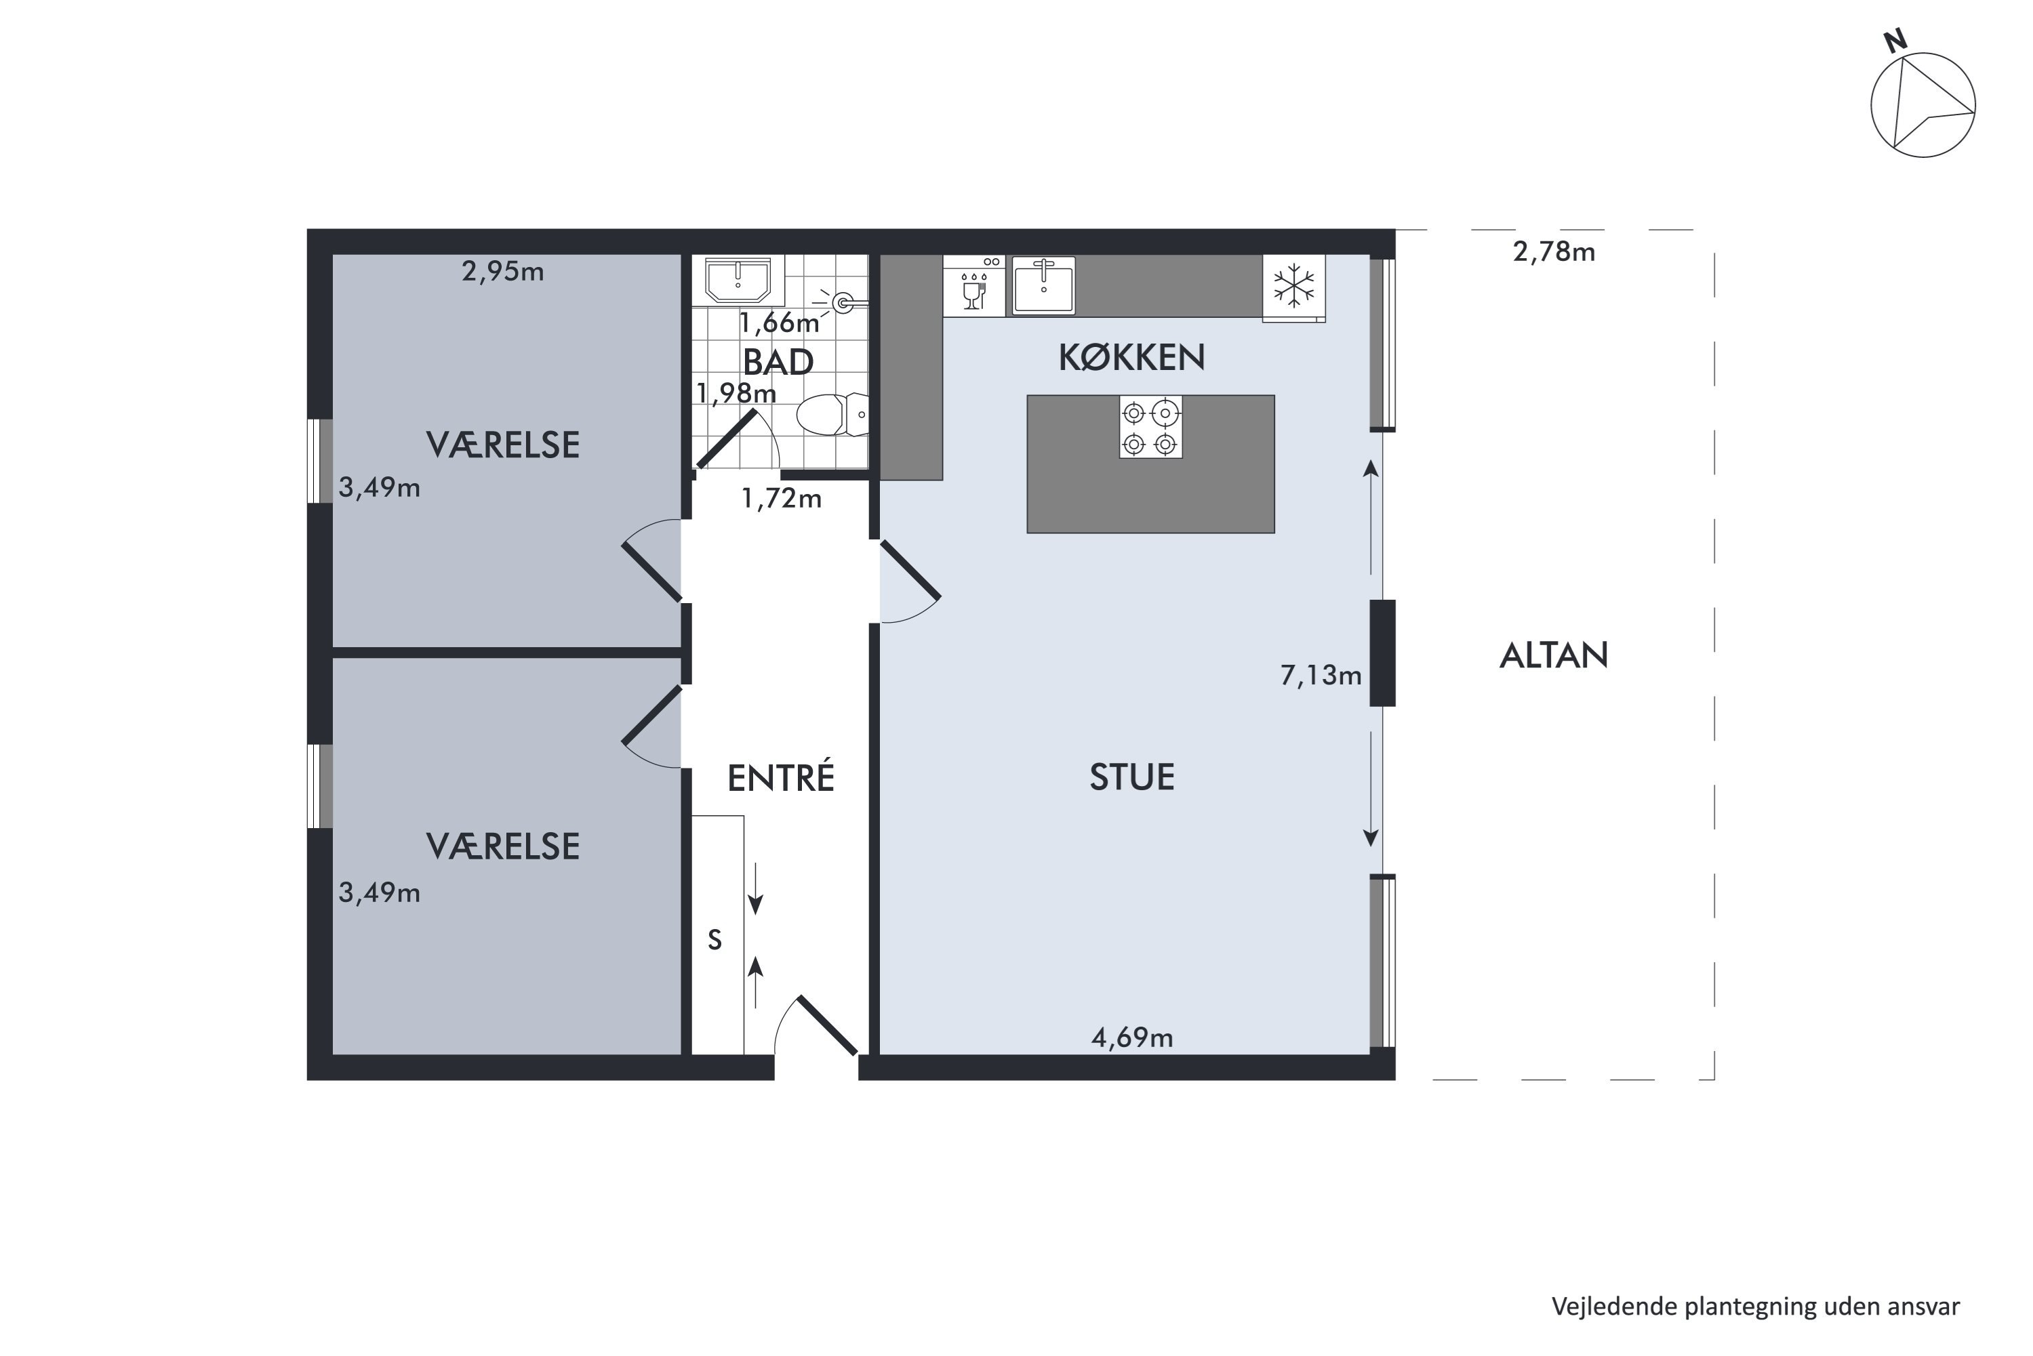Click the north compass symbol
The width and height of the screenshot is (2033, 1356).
click(1923, 100)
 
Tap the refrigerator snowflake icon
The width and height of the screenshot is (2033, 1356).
click(1293, 285)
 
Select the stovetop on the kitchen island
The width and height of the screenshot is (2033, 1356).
click(1150, 427)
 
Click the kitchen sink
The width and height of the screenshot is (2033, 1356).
click(1043, 285)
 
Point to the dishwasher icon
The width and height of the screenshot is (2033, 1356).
click(973, 286)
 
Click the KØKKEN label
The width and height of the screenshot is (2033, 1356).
click(1131, 357)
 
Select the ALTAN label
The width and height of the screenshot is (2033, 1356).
click(1554, 655)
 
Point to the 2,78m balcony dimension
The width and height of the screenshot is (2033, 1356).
click(1554, 251)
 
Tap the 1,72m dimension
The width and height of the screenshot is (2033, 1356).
click(781, 498)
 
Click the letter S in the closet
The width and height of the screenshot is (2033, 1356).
click(714, 940)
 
